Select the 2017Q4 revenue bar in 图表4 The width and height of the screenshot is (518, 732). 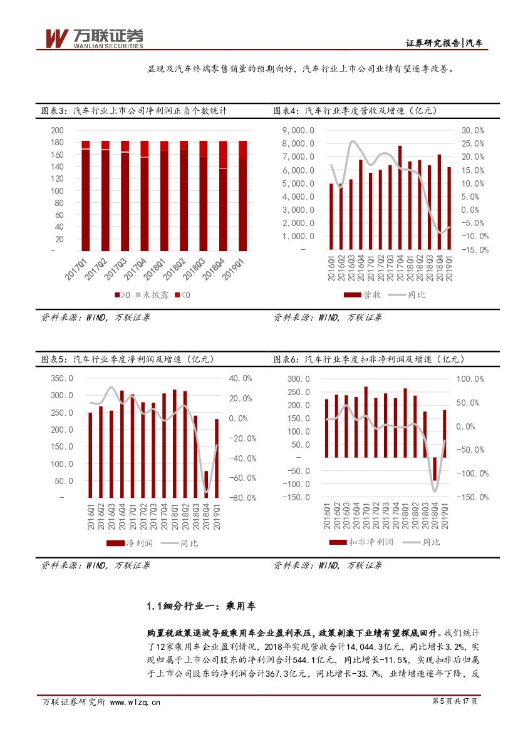(x=400, y=197)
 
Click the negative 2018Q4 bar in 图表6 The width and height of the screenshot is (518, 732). (x=434, y=468)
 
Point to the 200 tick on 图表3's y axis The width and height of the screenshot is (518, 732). (x=58, y=130)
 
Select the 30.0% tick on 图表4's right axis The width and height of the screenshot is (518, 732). (x=473, y=130)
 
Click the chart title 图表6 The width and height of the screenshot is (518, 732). (x=369, y=359)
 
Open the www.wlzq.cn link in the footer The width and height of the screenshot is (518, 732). (x=135, y=702)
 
